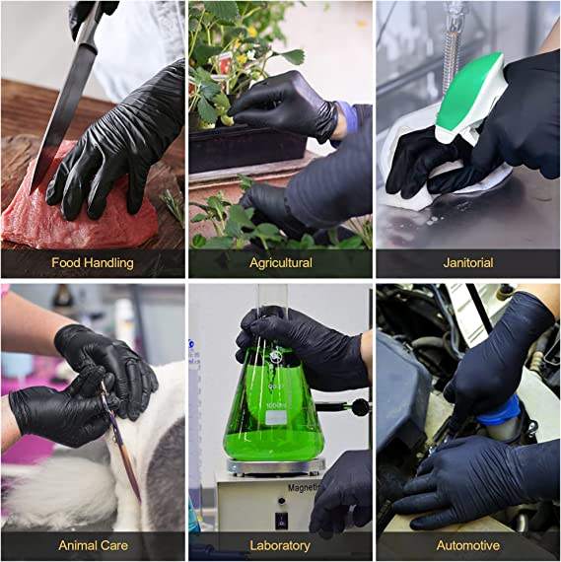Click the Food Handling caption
pyautogui.click(x=93, y=262)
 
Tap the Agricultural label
pyautogui.click(x=281, y=262)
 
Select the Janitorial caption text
pyautogui.click(x=467, y=262)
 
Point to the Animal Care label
pyautogui.click(x=93, y=545)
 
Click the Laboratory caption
pyautogui.click(x=280, y=545)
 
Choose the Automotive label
pyautogui.click(x=467, y=545)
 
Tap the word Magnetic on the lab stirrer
pyautogui.click(x=304, y=488)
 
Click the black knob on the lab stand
pyautogui.click(x=360, y=407)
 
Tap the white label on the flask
pyautogui.click(x=276, y=418)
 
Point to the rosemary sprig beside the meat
pyautogui.click(x=174, y=206)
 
